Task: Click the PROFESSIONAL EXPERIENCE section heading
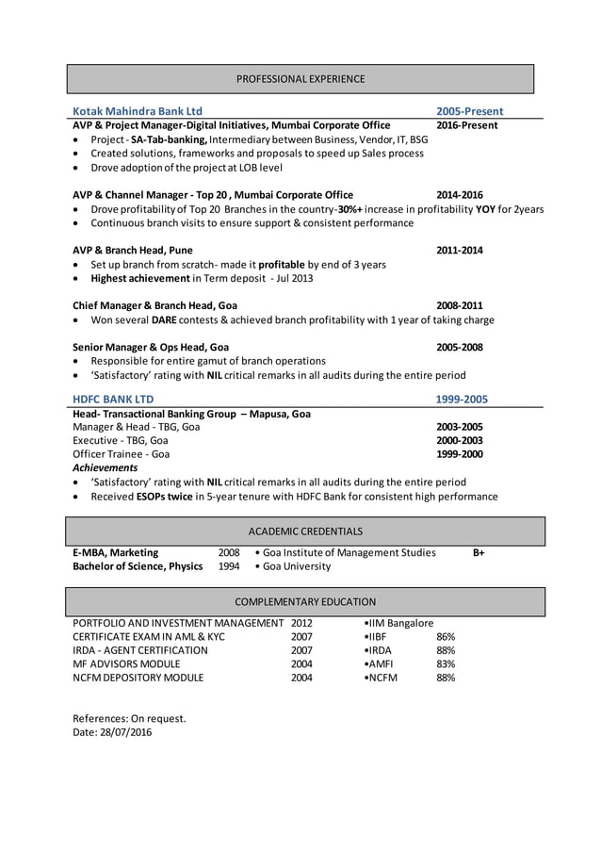click(x=300, y=78)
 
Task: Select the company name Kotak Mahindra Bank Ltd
click(x=138, y=110)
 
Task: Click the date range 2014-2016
click(x=459, y=195)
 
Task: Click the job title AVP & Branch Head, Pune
click(x=133, y=251)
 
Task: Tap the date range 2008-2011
click(x=459, y=306)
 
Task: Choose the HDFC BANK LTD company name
click(x=113, y=400)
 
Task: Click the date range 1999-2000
click(x=459, y=453)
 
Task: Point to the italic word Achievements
click(x=105, y=467)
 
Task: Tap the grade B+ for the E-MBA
click(x=479, y=552)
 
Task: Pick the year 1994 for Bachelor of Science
click(x=229, y=566)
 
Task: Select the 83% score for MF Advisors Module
click(x=446, y=663)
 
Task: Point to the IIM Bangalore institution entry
click(x=398, y=623)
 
